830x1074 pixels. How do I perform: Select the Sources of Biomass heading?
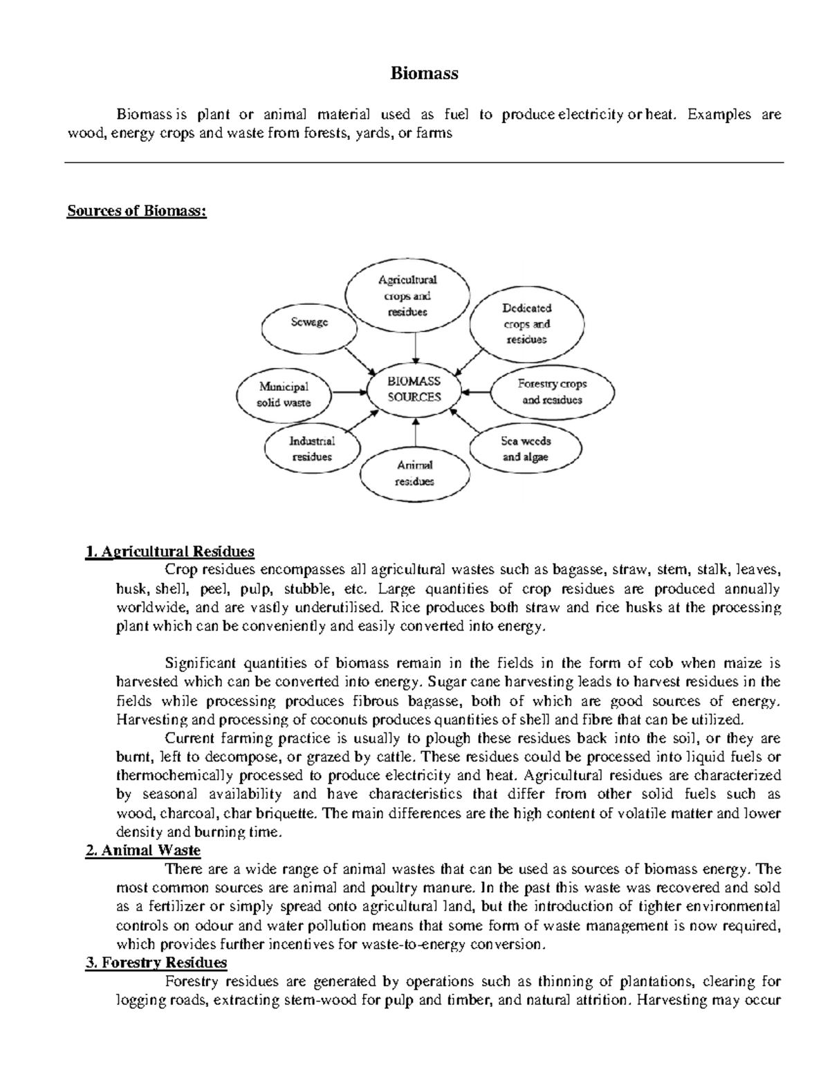pyautogui.click(x=136, y=211)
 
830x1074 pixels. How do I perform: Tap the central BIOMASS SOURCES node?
pyautogui.click(x=414, y=389)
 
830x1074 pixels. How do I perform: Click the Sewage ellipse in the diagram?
pyautogui.click(x=308, y=322)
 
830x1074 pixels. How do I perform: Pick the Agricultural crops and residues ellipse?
pyautogui.click(x=407, y=296)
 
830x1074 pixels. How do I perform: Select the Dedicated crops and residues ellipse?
pyautogui.click(x=526, y=324)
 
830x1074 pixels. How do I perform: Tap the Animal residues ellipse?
pyautogui.click(x=414, y=474)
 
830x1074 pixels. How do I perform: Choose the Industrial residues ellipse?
pyautogui.click(x=312, y=449)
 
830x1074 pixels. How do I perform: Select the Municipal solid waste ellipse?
pyautogui.click(x=284, y=395)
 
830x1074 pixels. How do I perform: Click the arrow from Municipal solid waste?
pyautogui.click(x=350, y=392)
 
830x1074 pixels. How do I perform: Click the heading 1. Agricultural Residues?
pyautogui.click(x=169, y=551)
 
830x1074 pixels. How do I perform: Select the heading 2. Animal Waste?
pyautogui.click(x=142, y=850)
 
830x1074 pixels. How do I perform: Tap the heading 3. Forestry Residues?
pyautogui.click(x=156, y=962)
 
